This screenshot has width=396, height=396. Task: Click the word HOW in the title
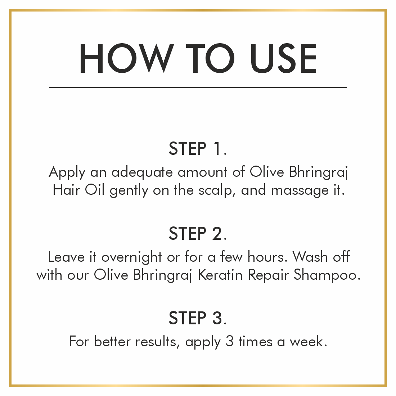pos(126,58)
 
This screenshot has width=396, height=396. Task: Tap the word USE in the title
pos(284,58)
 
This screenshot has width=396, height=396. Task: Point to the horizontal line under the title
pos(198,87)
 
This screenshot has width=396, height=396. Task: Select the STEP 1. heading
pos(198,148)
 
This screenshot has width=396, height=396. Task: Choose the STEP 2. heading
pos(198,234)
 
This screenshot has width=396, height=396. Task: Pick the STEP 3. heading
pos(198,318)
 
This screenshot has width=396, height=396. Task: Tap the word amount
pos(203,172)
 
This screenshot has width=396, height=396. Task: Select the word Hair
pos(67,190)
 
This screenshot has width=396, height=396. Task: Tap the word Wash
pos(310,257)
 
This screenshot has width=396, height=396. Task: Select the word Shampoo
pos(327,275)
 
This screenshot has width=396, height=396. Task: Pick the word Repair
pos(268,275)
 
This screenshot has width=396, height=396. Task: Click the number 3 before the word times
pos(229,341)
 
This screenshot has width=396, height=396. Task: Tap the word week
pos(308,341)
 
